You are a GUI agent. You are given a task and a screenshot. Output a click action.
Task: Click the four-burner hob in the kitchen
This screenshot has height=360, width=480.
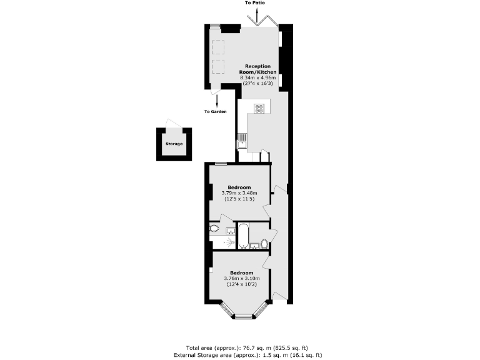[x=259, y=108]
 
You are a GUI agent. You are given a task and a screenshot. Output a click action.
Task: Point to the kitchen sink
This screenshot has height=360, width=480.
[x=241, y=144]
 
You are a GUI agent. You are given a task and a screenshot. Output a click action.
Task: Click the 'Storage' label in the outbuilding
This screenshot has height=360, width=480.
[x=174, y=144]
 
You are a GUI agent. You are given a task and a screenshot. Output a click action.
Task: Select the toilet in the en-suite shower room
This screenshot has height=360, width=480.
[x=215, y=227]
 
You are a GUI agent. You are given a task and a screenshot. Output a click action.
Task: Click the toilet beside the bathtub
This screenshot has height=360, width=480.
[x=263, y=242]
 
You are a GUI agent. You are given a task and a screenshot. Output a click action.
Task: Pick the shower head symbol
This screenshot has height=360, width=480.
[x=226, y=241]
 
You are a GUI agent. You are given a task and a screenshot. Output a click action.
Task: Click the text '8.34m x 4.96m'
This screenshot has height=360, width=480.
[x=257, y=77]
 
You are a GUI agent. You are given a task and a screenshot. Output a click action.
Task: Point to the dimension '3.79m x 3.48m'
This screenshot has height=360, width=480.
[x=239, y=193]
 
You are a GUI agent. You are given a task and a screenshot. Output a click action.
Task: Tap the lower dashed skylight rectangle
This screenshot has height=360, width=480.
[x=218, y=67]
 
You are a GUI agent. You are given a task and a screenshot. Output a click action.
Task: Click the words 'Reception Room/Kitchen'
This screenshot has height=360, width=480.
[x=257, y=69]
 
